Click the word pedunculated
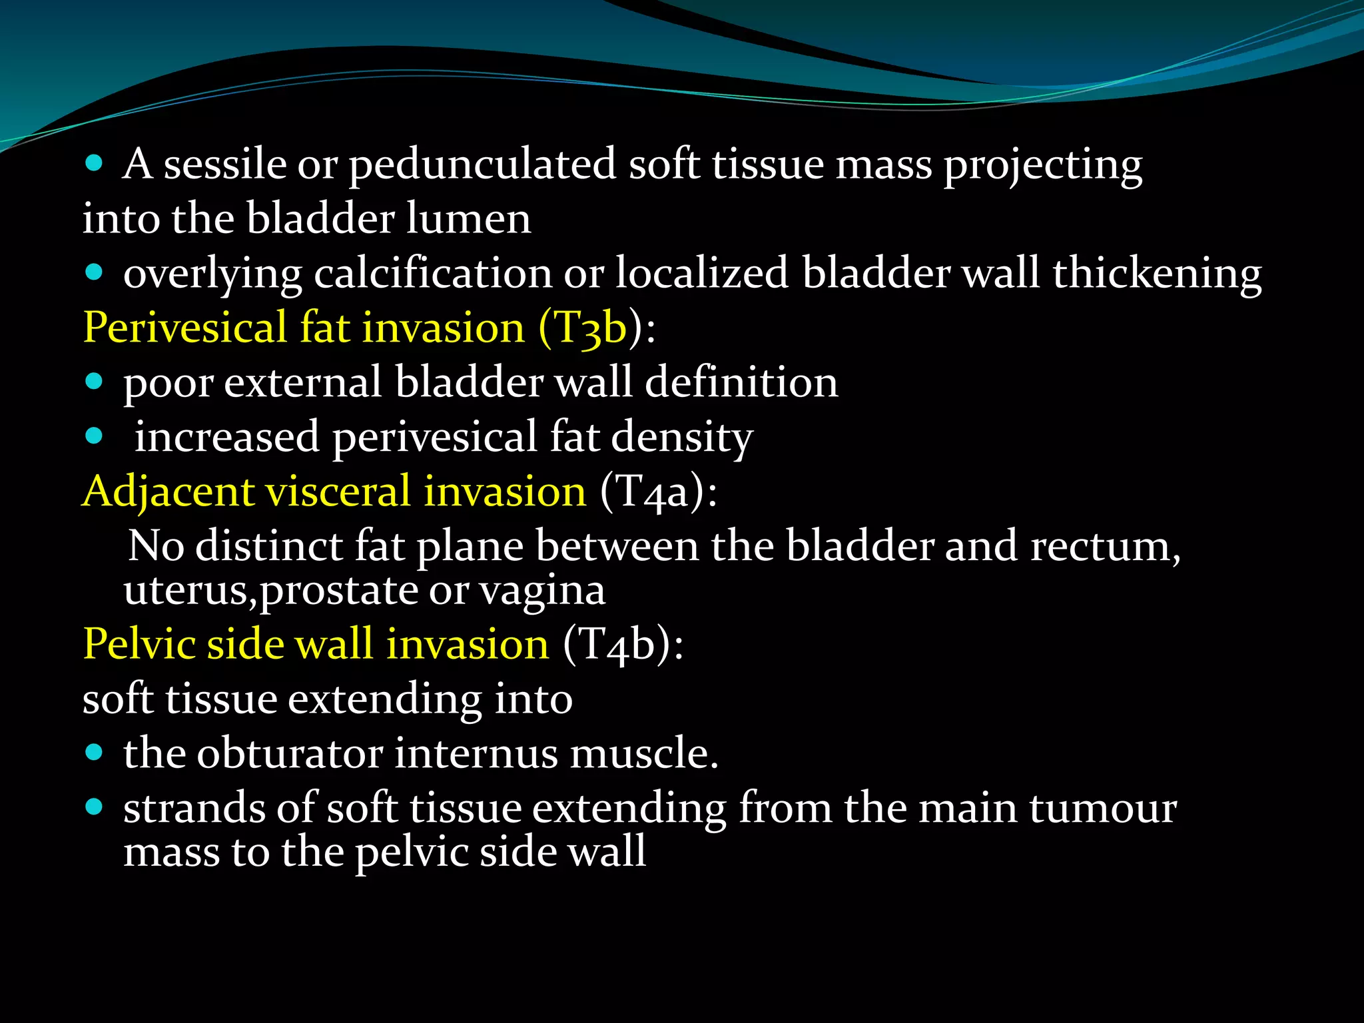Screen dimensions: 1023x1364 click(482, 165)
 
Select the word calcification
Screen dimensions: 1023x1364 click(433, 274)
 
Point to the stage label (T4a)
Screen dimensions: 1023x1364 click(658, 492)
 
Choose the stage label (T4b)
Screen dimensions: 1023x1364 click(622, 645)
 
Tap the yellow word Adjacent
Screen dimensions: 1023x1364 click(168, 493)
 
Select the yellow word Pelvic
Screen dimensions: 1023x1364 click(139, 645)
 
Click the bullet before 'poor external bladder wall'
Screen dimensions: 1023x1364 click(95, 382)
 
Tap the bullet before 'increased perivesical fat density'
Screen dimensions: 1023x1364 click(95, 436)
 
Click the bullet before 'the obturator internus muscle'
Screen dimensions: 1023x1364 click(95, 753)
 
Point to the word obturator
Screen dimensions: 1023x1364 click(290, 754)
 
